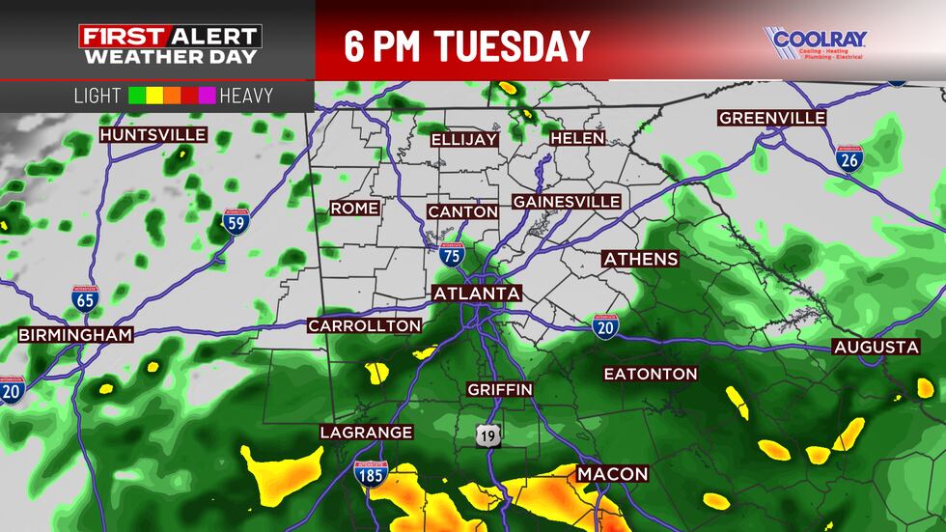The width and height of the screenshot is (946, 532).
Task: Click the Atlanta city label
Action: [477, 294]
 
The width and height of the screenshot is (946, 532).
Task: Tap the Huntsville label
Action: [153, 135]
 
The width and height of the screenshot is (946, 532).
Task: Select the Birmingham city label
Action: [75, 335]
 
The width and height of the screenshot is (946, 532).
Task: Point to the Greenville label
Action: [772, 118]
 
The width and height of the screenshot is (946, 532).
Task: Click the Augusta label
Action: [876, 347]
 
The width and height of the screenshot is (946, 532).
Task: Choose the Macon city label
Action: [613, 474]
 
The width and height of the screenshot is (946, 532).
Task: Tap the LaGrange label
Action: [367, 432]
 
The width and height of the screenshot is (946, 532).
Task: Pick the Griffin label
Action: [499, 389]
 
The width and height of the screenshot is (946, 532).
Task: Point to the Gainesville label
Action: [566, 202]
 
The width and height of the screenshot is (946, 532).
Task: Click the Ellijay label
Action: [464, 139]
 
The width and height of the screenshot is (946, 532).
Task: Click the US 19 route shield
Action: [488, 435]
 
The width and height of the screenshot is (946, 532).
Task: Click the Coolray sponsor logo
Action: [816, 42]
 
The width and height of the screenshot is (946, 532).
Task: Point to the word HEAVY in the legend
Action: [246, 97]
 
